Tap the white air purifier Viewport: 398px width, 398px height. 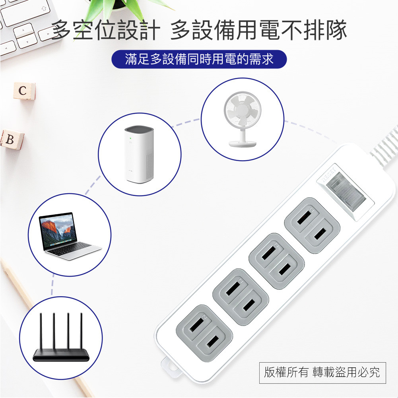(x=139, y=155)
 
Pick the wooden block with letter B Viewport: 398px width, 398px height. (x=11, y=140)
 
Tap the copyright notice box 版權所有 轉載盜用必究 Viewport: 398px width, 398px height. (x=322, y=372)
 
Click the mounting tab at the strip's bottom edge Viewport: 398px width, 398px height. (x=170, y=367)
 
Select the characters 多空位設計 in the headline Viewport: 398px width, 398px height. (x=105, y=30)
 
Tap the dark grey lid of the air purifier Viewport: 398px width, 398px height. (x=139, y=131)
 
